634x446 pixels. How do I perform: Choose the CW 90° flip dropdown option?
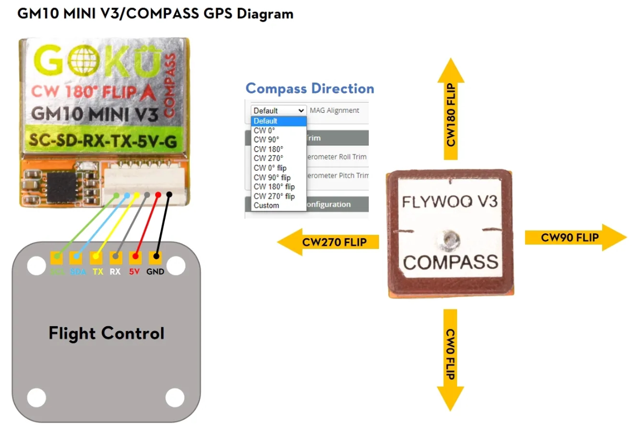(x=272, y=177)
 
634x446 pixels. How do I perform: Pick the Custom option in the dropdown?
(x=266, y=205)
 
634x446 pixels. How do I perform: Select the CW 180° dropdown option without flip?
(x=268, y=149)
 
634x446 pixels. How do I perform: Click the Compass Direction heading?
(x=309, y=89)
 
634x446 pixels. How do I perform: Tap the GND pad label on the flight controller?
(x=155, y=272)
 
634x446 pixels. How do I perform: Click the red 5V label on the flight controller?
(x=135, y=272)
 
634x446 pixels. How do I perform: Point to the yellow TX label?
(x=98, y=272)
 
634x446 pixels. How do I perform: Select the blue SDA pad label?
(x=78, y=272)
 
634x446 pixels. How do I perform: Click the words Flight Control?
(x=106, y=333)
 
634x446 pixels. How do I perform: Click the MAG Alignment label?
(x=334, y=110)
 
